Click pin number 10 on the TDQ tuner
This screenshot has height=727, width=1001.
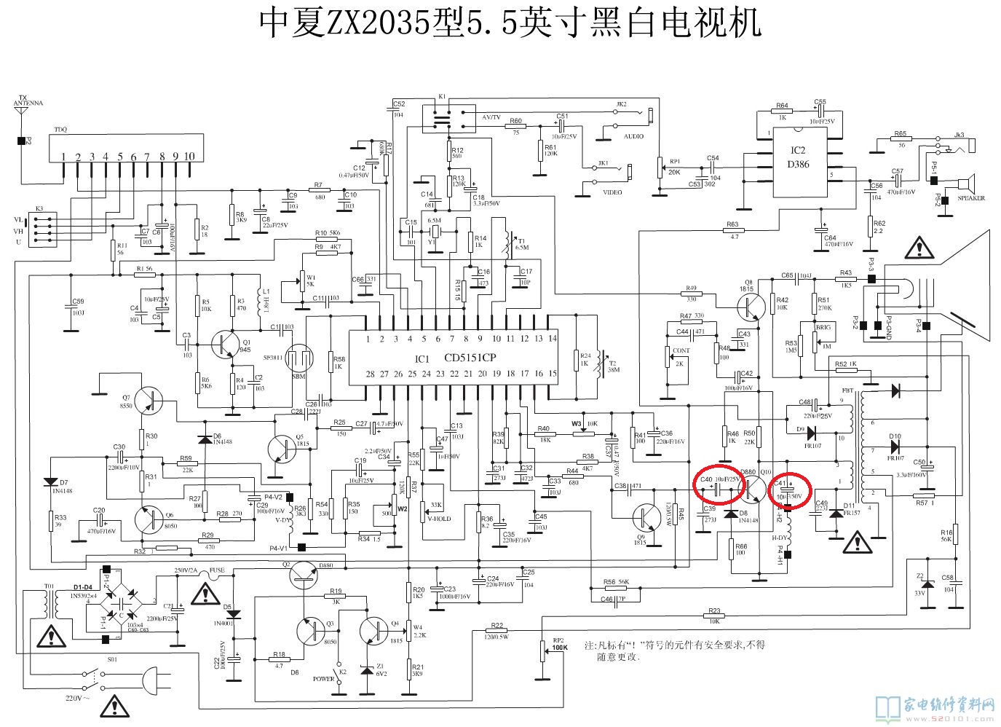tap(189, 157)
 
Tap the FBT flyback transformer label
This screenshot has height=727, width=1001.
tap(847, 390)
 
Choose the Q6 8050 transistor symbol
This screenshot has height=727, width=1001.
tap(150, 519)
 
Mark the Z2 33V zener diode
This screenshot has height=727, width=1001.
tap(926, 584)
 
